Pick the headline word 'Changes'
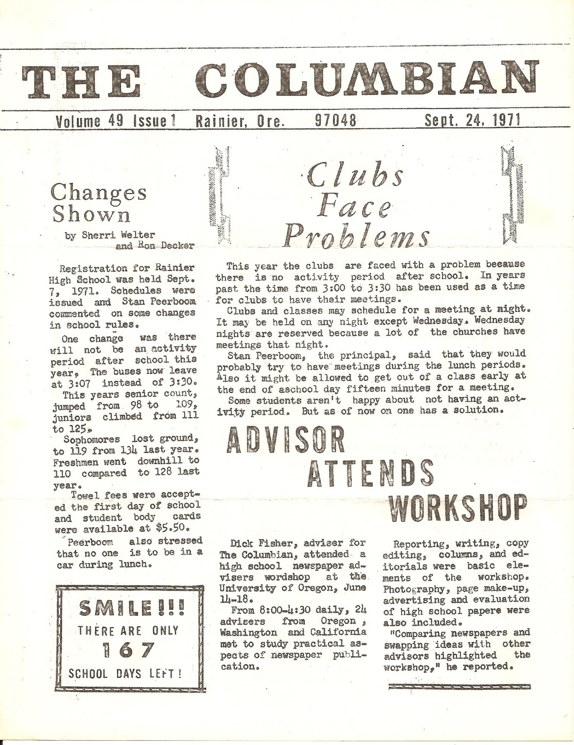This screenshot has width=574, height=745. coord(99,193)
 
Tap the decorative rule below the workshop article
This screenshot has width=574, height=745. coord(459,686)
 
